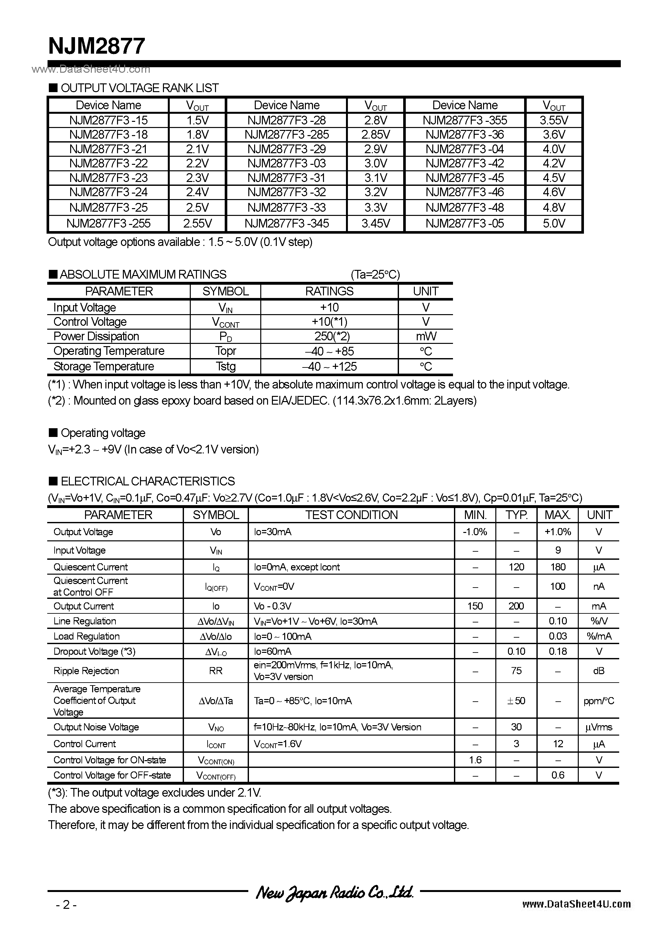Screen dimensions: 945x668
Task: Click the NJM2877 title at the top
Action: tap(97, 46)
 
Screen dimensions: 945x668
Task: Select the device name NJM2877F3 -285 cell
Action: tap(287, 134)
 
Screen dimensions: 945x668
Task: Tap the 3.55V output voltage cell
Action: tap(554, 120)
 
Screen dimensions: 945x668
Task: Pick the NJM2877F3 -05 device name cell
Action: tap(465, 224)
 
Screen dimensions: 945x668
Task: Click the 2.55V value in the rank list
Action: tap(197, 224)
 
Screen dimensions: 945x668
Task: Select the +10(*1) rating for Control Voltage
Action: tap(329, 322)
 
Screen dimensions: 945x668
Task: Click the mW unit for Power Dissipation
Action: tap(426, 336)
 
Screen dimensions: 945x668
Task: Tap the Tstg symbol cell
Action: tap(225, 366)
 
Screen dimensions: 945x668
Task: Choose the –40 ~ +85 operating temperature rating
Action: tap(329, 351)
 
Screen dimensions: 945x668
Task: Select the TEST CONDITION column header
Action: tap(351, 515)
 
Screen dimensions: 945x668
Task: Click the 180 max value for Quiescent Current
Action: tap(558, 567)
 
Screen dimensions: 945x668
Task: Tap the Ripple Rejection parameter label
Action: tap(86, 671)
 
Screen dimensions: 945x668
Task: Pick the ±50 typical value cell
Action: tap(516, 701)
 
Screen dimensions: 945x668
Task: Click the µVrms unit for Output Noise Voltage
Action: tap(599, 727)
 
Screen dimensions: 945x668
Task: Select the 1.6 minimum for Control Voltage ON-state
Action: tap(475, 760)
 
